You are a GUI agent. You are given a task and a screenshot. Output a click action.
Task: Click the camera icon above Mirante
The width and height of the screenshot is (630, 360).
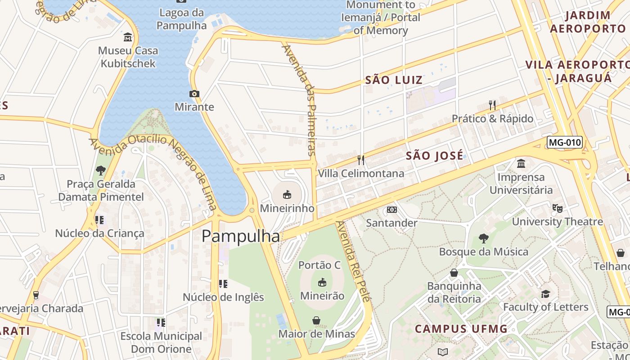(x=194, y=94)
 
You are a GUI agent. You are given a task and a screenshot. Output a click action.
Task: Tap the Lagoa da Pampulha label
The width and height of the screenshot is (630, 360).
(x=181, y=19)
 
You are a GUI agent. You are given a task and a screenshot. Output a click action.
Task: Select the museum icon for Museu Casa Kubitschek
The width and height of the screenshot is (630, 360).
(x=128, y=37)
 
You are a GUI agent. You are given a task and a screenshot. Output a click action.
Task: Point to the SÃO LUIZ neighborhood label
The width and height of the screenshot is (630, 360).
(x=394, y=80)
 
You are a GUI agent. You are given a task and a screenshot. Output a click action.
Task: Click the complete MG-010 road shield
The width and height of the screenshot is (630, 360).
(x=565, y=143)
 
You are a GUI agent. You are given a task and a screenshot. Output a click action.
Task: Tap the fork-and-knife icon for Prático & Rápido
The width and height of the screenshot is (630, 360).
(x=492, y=105)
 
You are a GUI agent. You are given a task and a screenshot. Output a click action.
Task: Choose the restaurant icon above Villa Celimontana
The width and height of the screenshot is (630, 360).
(x=361, y=160)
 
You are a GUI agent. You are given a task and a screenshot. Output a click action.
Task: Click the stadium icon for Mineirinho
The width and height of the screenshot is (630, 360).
(x=287, y=194)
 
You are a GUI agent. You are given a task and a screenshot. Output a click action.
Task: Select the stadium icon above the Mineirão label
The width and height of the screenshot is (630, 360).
(x=322, y=282)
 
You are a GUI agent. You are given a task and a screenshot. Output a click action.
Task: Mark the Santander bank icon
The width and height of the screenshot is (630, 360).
(x=392, y=210)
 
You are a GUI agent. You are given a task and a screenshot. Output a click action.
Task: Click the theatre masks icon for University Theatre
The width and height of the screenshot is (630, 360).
(x=557, y=208)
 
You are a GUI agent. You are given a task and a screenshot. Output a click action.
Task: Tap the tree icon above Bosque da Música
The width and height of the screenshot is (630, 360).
(x=484, y=238)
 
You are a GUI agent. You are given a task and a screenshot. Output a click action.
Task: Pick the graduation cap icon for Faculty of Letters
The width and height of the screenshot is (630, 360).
(x=545, y=294)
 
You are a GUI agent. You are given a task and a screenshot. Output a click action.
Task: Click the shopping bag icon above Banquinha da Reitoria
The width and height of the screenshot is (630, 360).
(x=454, y=273)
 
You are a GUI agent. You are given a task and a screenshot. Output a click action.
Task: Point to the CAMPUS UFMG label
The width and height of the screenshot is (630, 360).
(x=461, y=329)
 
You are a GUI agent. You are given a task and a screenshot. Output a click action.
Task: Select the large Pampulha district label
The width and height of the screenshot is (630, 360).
(x=241, y=236)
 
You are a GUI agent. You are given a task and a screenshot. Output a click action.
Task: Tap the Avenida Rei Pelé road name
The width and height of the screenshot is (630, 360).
(x=354, y=261)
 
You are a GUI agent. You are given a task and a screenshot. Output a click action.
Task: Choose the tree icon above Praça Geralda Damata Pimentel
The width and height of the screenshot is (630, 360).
(x=101, y=171)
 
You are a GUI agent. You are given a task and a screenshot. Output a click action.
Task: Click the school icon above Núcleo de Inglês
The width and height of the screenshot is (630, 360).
(x=223, y=284)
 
